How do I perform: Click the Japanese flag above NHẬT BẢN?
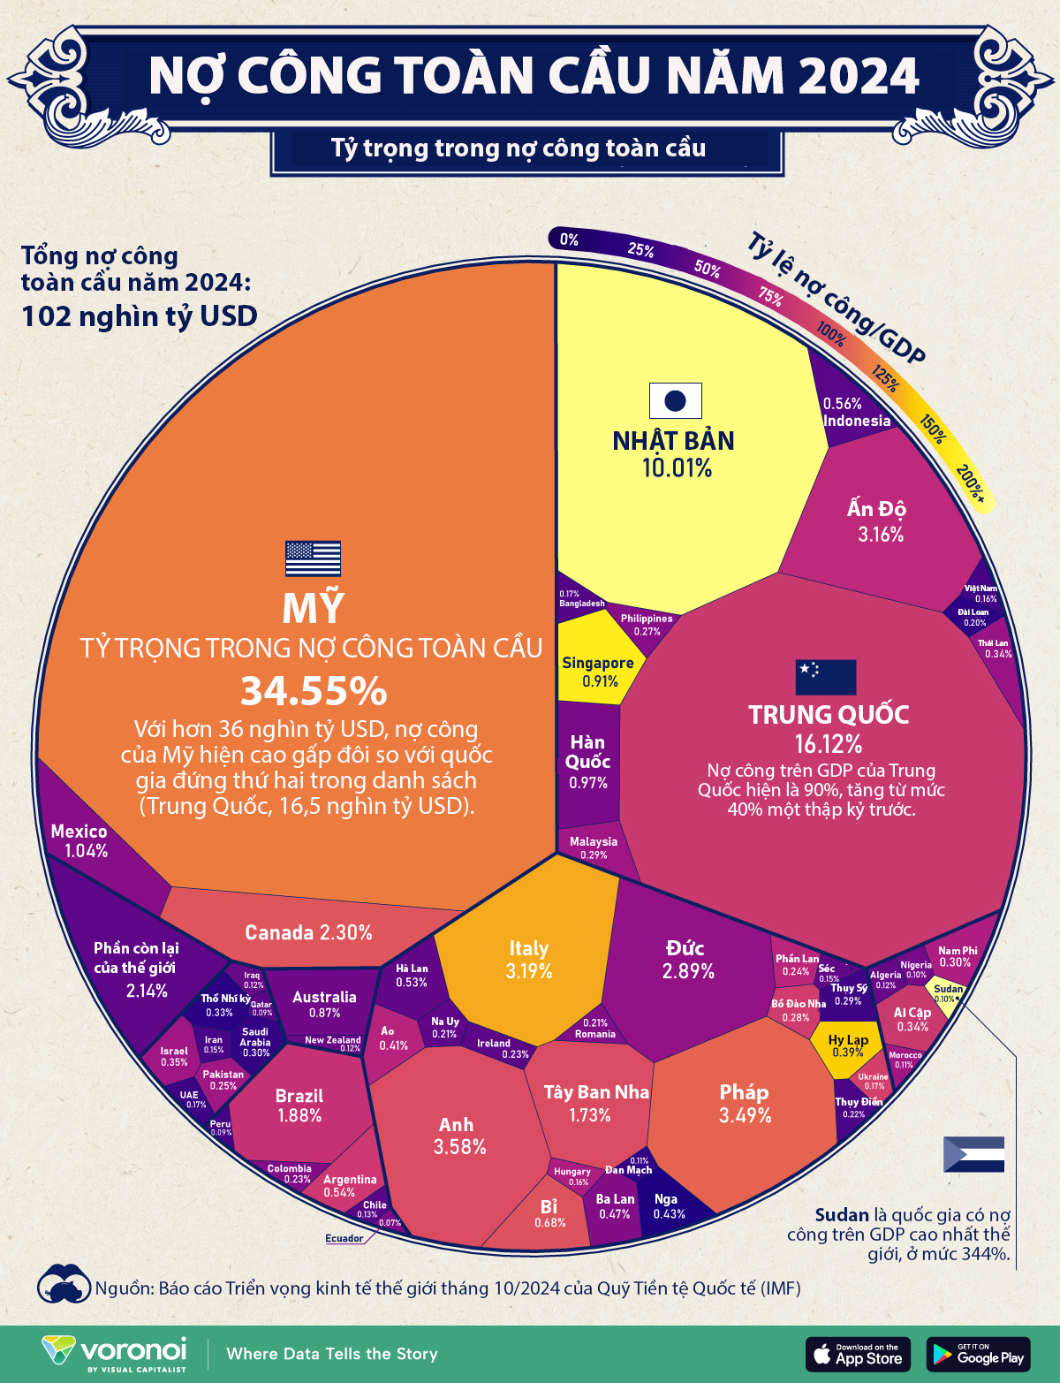[x=675, y=400]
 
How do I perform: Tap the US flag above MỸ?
[x=313, y=559]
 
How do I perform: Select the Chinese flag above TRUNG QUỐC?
[x=826, y=677]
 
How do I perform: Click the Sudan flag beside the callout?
[x=973, y=1154]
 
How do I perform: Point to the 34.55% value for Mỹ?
[x=314, y=691]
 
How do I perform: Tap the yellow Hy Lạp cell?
[x=847, y=1046]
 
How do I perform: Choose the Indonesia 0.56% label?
[x=855, y=413]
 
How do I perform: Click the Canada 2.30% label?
[x=308, y=932]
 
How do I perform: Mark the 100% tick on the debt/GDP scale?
[x=830, y=332]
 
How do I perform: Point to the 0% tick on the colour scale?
[x=569, y=239]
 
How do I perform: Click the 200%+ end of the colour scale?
[x=971, y=483]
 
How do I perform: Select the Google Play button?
[x=978, y=1354]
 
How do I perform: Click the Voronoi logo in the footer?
[x=115, y=1353]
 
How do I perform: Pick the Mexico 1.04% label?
[x=79, y=840]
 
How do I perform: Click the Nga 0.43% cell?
[x=667, y=1206]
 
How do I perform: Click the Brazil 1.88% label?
[x=299, y=1106]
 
